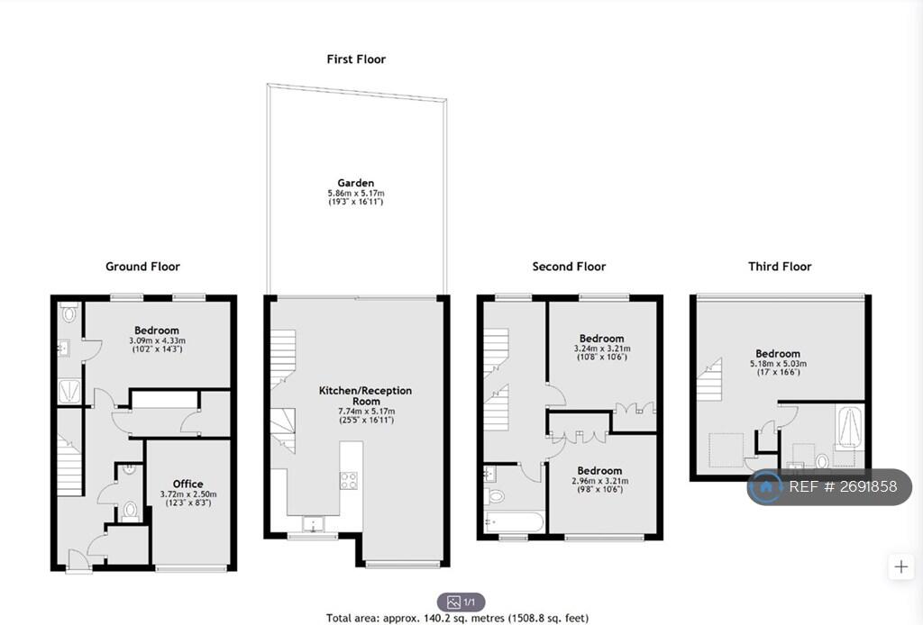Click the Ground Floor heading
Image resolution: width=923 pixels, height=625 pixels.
(x=142, y=267)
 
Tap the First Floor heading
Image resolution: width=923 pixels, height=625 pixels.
(x=356, y=59)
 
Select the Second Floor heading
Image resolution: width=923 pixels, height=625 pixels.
(x=569, y=267)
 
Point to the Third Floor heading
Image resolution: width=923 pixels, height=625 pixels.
(x=780, y=267)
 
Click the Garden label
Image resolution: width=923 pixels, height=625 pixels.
(x=355, y=183)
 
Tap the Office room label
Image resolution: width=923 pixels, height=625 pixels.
(x=187, y=484)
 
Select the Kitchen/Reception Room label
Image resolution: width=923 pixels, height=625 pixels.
(x=366, y=395)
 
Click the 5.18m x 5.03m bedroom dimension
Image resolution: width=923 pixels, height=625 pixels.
(x=778, y=364)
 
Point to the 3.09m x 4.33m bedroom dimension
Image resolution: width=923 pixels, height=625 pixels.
(x=157, y=340)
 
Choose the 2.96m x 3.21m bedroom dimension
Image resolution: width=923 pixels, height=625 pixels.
(x=599, y=481)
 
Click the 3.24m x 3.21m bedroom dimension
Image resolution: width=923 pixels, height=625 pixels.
(x=601, y=349)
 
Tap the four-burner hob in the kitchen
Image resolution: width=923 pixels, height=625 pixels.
(x=349, y=480)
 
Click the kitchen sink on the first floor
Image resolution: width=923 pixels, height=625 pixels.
(x=313, y=523)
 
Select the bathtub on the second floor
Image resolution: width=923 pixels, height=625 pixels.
(x=514, y=522)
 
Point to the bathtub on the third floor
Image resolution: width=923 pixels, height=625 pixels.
(x=849, y=426)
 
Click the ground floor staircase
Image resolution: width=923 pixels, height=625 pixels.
(x=69, y=464)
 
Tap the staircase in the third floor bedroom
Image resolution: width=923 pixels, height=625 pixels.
(x=709, y=379)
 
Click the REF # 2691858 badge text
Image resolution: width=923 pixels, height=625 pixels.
(x=843, y=487)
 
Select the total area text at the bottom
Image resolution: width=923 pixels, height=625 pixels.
(x=457, y=618)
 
